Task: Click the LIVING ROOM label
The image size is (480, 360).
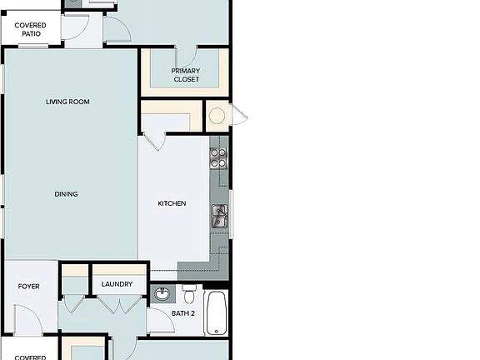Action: click(x=67, y=102)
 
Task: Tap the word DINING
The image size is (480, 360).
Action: click(x=67, y=194)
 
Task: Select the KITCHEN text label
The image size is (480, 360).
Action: click(x=172, y=203)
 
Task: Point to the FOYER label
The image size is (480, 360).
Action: click(x=29, y=287)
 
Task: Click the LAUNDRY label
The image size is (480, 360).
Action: click(x=117, y=284)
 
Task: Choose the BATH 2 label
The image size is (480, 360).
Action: click(x=183, y=313)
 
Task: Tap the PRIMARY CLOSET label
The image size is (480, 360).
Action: click(x=186, y=75)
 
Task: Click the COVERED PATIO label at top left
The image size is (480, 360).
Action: click(x=29, y=29)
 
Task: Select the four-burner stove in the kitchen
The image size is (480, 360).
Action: click(x=218, y=157)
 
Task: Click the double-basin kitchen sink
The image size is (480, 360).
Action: click(x=219, y=217)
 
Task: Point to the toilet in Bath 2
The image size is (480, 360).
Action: click(x=190, y=294)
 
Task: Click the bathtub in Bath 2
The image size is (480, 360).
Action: click(x=216, y=312)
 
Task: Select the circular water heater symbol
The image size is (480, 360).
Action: click(x=218, y=115)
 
